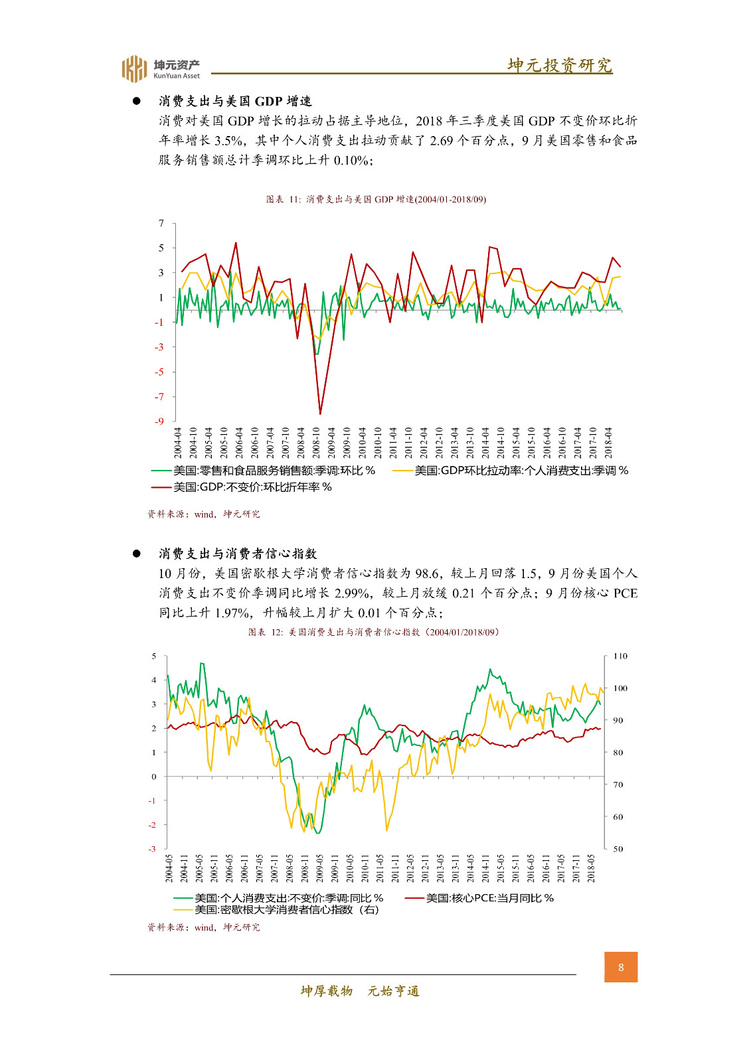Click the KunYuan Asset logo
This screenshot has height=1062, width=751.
point(160,68)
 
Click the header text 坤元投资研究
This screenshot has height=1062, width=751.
point(560,65)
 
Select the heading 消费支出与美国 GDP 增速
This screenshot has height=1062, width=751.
point(235,101)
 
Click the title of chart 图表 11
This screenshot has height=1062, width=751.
point(376,199)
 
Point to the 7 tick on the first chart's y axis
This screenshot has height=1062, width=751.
point(161,223)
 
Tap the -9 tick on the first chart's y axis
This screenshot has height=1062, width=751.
point(159,421)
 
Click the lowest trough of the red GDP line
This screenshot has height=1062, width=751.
point(320,414)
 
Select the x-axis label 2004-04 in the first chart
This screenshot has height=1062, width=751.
point(178,442)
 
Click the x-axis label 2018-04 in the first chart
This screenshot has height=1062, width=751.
point(608,442)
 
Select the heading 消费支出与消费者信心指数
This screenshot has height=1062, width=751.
point(238,554)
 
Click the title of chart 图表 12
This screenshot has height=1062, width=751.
point(374,632)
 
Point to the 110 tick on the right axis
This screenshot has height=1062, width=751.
point(620,656)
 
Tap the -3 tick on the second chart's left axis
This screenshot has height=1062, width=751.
point(153,848)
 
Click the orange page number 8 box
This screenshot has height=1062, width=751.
point(621,967)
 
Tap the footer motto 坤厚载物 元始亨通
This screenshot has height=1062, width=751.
point(360,991)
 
